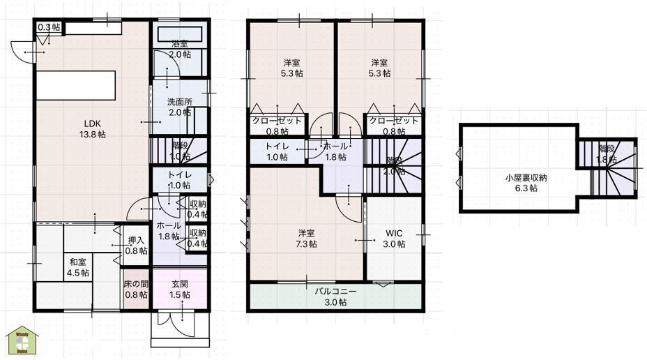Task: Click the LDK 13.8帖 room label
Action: [x=92, y=129]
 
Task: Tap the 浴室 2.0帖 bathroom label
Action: [x=180, y=50]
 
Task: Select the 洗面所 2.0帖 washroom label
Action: [x=179, y=107]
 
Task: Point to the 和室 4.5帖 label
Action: [x=78, y=267]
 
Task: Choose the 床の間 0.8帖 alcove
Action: [x=136, y=290]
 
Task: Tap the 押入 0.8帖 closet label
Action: [x=136, y=246]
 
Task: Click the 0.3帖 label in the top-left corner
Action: [x=48, y=27]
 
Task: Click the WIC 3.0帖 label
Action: [x=394, y=239]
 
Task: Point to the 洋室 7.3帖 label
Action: [x=307, y=239]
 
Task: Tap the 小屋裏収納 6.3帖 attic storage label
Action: [x=526, y=183]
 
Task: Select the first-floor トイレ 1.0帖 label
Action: [x=180, y=180]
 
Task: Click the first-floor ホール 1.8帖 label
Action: [x=169, y=231]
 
